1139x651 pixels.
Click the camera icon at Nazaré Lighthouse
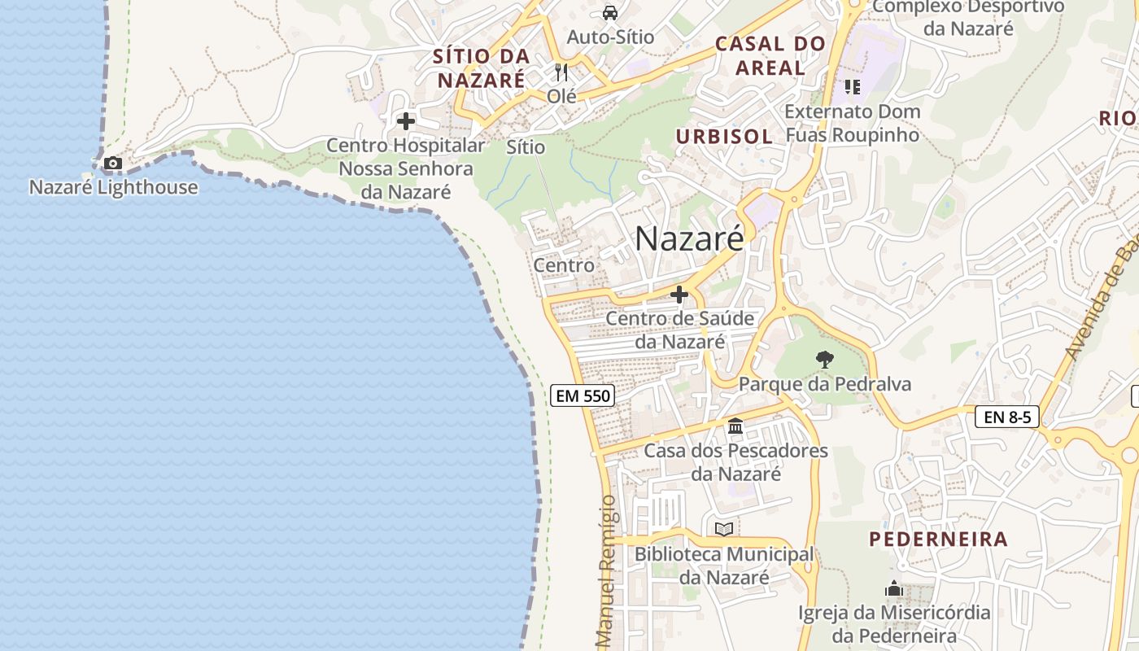113,164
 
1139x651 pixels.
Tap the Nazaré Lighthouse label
113,187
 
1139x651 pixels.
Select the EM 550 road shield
582,396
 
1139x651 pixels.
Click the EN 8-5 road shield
1006,417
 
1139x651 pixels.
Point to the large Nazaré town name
688,238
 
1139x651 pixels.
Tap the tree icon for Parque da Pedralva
824,359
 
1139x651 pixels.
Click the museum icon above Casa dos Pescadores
735,426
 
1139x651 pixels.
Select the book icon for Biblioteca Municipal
723,530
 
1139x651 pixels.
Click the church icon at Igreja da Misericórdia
894,588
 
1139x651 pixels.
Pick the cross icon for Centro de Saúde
679,295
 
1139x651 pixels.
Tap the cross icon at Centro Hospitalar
405,122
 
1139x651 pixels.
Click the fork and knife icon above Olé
561,72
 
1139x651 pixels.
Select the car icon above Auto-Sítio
609,13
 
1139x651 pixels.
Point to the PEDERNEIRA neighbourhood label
938,539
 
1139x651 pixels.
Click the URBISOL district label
724,137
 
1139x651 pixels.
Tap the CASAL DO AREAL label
770,56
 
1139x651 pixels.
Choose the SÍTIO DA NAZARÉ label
481,68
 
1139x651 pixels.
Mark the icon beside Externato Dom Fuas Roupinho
852,86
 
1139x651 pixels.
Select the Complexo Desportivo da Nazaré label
968,17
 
